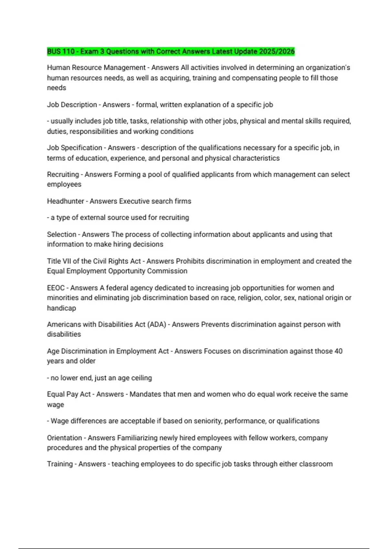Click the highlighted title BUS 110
point(61,51)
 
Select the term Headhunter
point(65,201)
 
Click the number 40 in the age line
point(339,351)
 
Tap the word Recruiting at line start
point(63,174)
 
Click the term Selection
point(61,234)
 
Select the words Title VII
point(59,261)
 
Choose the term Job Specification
point(74,148)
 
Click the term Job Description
point(72,105)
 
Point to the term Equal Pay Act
point(69,394)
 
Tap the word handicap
point(61,308)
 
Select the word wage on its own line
point(55,405)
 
